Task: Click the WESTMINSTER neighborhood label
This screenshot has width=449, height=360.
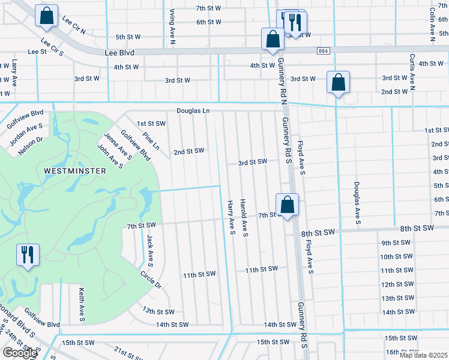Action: (75, 171)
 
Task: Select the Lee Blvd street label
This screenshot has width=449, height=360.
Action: (119, 52)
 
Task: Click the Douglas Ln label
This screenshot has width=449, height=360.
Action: (193, 111)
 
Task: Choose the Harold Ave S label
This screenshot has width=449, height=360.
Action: (244, 217)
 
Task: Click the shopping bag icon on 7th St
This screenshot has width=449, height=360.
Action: (288, 204)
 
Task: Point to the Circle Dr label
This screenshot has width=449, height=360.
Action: (151, 280)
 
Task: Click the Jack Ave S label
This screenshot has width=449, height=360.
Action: (149, 250)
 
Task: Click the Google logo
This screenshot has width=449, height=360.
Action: (19, 353)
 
